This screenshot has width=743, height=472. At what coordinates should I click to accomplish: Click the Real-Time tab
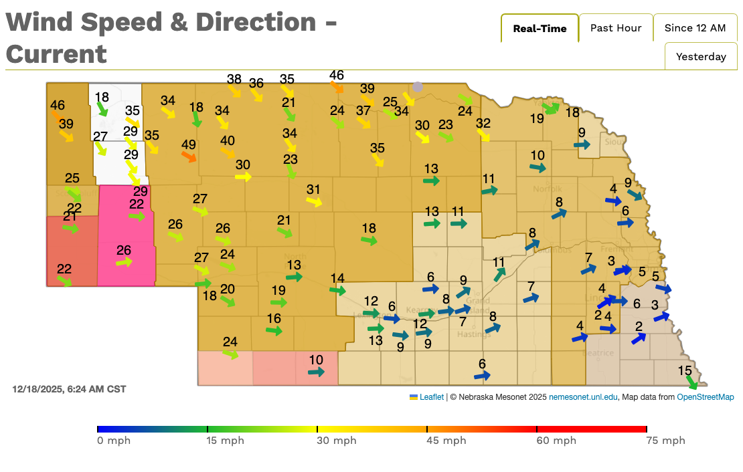point(540,28)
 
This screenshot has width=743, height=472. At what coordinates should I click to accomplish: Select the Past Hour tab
point(616,28)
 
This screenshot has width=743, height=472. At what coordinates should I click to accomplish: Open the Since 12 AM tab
point(695,28)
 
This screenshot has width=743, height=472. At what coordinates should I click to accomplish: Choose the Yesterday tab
point(701,57)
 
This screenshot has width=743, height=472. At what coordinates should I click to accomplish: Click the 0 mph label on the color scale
point(114,441)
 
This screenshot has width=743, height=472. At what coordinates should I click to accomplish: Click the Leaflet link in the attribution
point(431,397)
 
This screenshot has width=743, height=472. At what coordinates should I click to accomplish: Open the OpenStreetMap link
point(705,397)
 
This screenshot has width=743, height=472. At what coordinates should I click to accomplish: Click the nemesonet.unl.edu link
point(583,397)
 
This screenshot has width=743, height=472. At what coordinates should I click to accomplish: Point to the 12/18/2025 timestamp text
point(69,389)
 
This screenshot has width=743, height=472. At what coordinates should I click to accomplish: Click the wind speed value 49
point(189,144)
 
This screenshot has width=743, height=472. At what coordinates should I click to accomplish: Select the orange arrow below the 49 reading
point(189,157)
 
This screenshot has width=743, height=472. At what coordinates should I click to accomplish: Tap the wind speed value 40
point(228,140)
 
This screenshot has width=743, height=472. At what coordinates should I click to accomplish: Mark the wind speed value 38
point(234,79)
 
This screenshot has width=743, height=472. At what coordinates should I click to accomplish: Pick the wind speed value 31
point(314,189)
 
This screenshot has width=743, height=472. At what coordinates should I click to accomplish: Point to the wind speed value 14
point(337,278)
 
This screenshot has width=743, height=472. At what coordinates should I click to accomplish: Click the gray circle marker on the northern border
point(418,87)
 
